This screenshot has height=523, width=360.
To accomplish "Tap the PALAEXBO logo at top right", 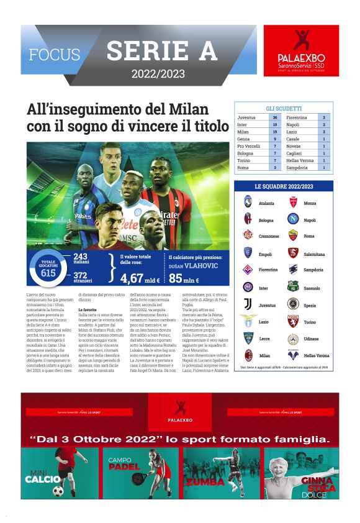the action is pyautogui.click(x=301, y=50).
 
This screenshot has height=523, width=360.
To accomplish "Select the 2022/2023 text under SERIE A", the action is pyautogui.click(x=158, y=74).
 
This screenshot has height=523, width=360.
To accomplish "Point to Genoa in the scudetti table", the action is pyautogui.click(x=244, y=139).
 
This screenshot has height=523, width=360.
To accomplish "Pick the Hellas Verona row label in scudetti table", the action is pyautogui.click(x=300, y=160).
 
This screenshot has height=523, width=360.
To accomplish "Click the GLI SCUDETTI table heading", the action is pyautogui.click(x=284, y=108).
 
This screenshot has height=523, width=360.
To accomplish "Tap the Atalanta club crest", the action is pyautogui.click(x=248, y=202).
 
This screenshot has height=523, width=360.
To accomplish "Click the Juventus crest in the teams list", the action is pyautogui.click(x=248, y=304).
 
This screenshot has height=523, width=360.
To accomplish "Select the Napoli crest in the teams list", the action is pyautogui.click(x=293, y=219).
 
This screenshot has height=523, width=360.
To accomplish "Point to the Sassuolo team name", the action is pyautogui.click(x=312, y=288).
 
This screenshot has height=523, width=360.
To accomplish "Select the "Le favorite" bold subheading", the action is pyautogui.click(x=88, y=309).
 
